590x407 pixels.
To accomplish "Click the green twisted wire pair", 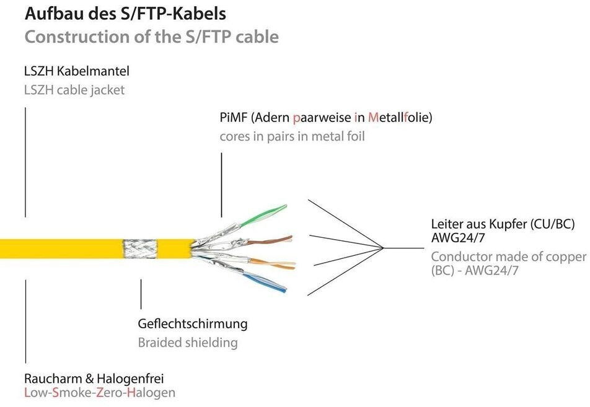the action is click(x=263, y=216).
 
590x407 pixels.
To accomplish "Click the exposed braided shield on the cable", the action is click(x=140, y=248).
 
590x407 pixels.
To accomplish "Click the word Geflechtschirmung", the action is click(x=193, y=324).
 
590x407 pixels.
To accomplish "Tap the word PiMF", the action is click(x=233, y=118).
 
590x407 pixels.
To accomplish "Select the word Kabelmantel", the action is click(x=98, y=71).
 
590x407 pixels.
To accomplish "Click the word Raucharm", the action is click(x=53, y=379).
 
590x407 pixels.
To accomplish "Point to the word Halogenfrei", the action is click(x=130, y=379).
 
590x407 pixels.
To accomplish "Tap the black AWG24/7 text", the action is click(x=457, y=238).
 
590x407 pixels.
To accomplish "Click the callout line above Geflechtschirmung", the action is click(x=141, y=294).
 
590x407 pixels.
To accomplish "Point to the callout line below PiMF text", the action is click(x=221, y=185).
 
